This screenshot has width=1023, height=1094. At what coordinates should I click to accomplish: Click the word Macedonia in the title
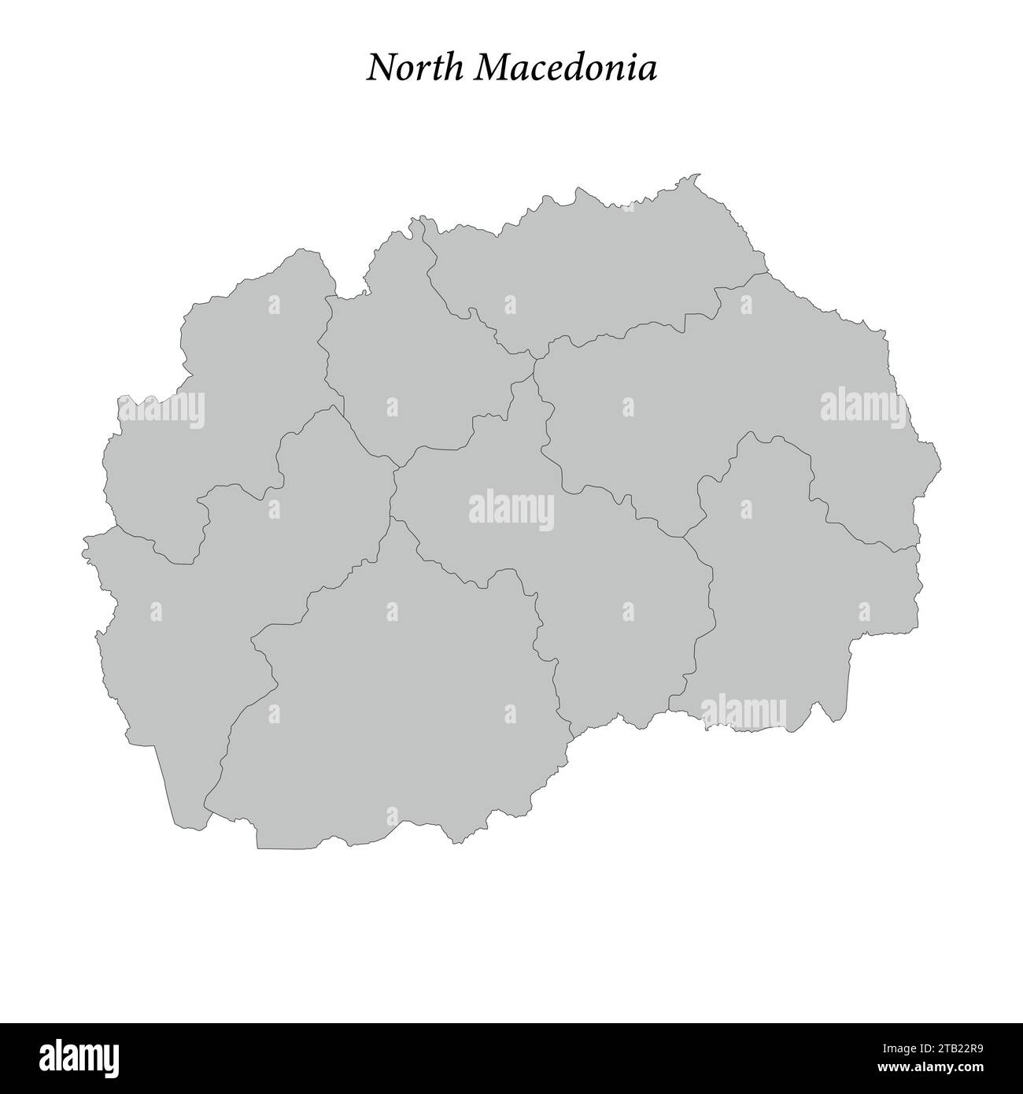[565, 68]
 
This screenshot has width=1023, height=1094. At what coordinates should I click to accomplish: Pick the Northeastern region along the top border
[598, 268]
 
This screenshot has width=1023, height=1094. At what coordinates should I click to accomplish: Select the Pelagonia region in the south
[393, 708]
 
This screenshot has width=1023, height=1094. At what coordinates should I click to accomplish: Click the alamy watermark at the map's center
[511, 509]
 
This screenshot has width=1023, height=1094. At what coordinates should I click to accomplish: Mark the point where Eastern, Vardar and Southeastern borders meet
[683, 537]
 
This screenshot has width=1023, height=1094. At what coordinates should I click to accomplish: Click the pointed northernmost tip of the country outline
[698, 175]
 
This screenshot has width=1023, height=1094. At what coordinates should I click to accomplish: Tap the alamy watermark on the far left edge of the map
[161, 409]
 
